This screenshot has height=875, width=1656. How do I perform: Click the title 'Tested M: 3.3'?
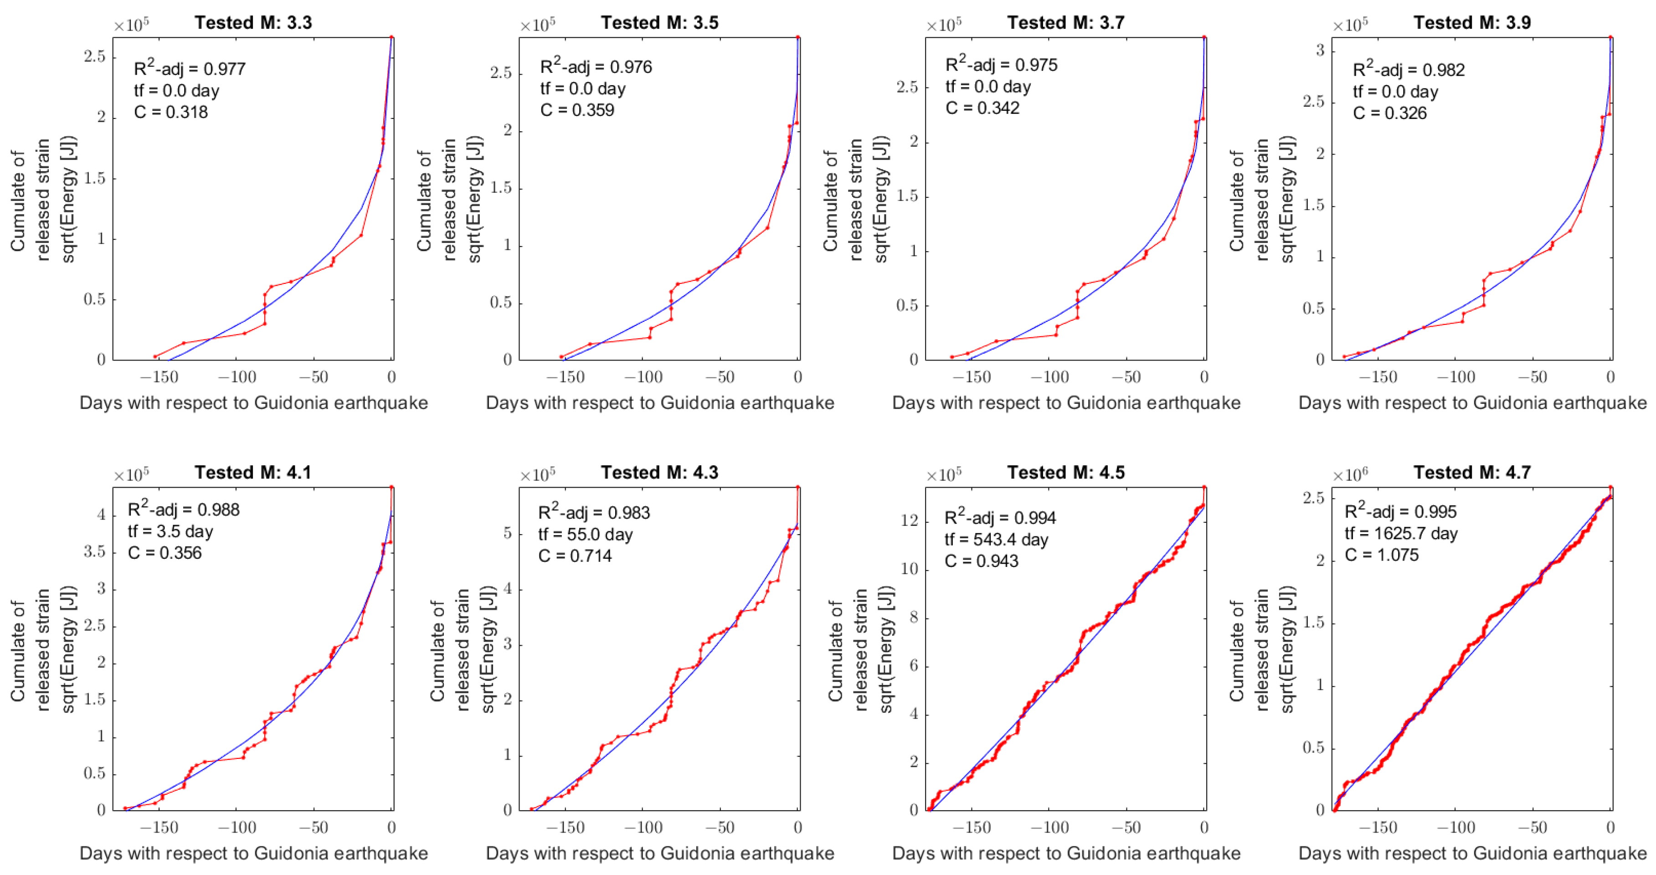point(253,22)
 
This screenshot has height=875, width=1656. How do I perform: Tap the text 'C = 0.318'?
point(170,113)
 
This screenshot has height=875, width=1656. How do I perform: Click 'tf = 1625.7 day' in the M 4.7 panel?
point(1401,534)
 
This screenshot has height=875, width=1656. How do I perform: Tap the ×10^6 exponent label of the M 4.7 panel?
point(1350,475)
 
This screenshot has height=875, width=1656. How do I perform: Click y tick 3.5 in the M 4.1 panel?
point(94,551)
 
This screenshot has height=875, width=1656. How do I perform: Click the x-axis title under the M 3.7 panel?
point(1066,403)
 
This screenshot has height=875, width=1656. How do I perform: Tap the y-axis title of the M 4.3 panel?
point(463,649)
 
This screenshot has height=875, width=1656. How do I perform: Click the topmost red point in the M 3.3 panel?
point(391,37)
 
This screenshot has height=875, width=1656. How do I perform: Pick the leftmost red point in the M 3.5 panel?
point(561,356)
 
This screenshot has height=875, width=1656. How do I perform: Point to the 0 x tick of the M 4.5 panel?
point(1204,828)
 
